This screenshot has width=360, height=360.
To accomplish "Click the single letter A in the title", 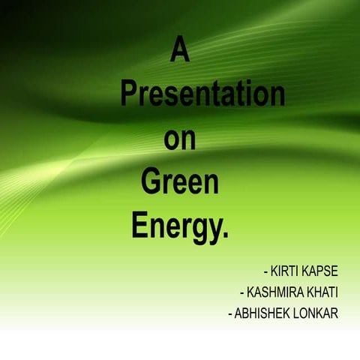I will point(180,50).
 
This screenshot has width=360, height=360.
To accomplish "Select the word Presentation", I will point(202,94).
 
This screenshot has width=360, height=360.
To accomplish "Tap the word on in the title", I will point(180,139).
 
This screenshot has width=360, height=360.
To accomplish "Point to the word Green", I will point(179,182).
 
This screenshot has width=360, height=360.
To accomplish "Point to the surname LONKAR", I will point(316,313).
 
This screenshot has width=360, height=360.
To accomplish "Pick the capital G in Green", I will point(151,182).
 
